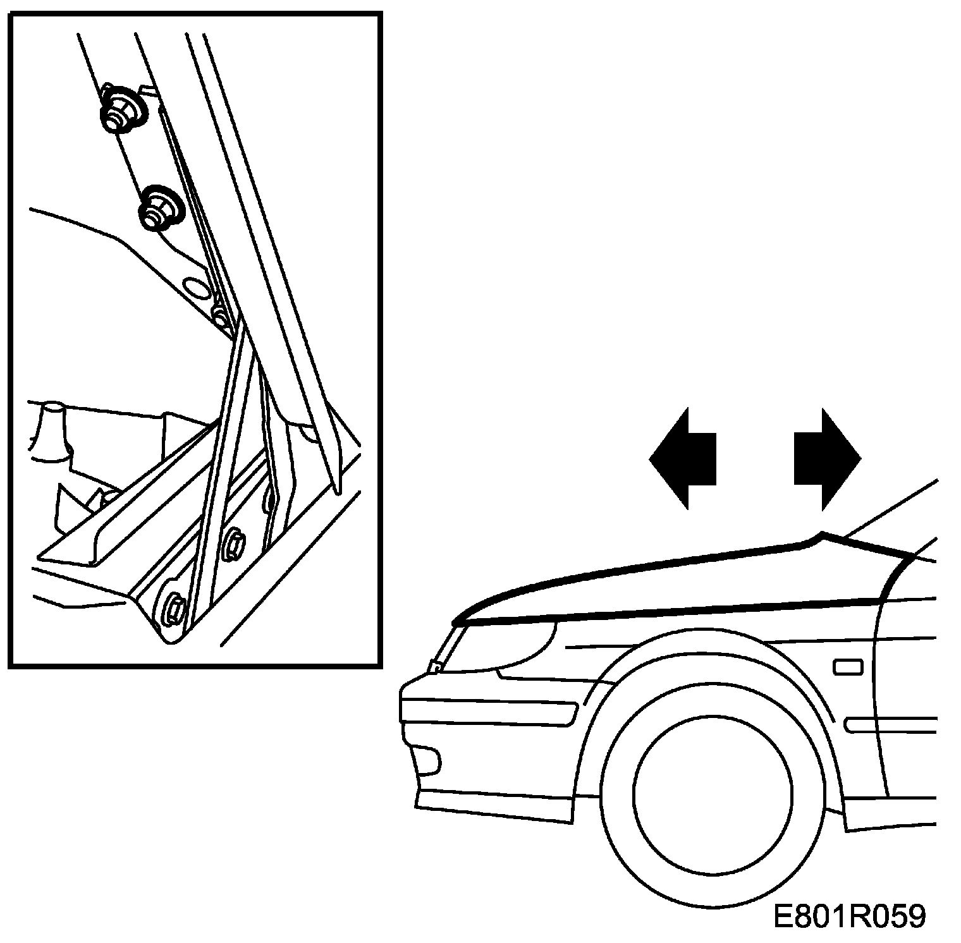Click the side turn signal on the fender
(848, 667)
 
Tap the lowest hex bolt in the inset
(173, 609)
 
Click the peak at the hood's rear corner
(821, 534)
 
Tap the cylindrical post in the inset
(52, 430)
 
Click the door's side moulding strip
(891, 724)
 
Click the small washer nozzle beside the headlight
(435, 666)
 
